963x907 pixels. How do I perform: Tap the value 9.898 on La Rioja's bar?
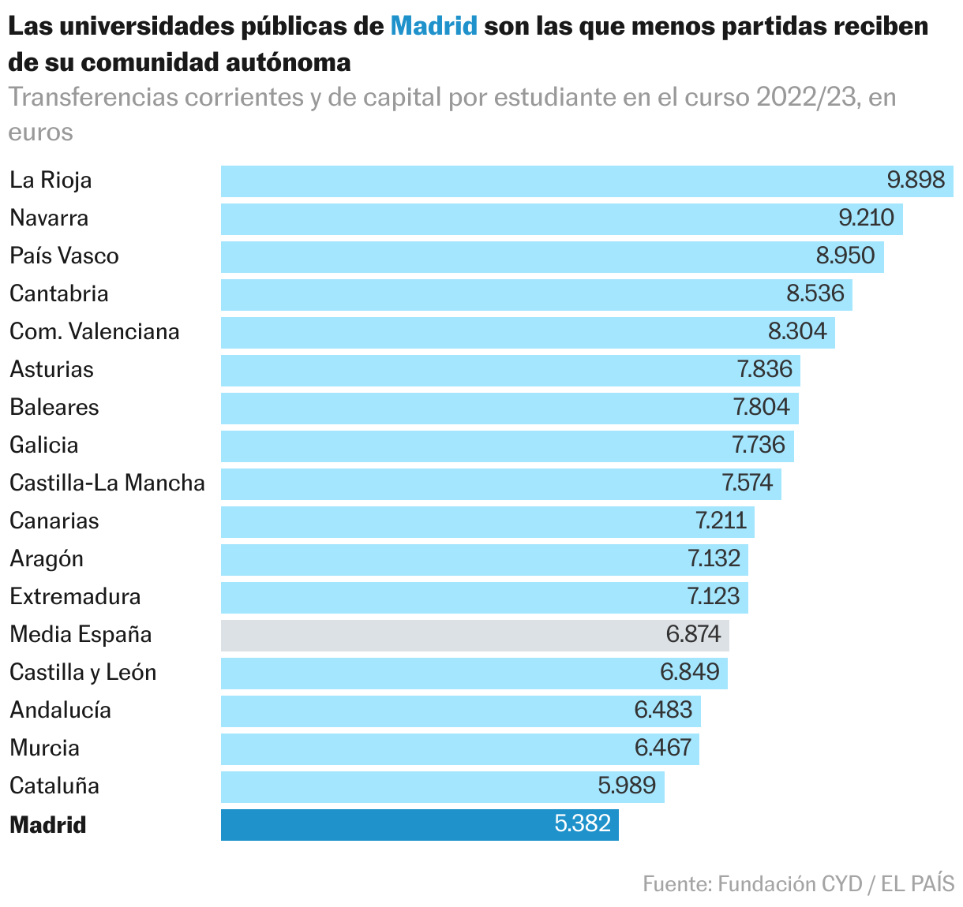(x=916, y=180)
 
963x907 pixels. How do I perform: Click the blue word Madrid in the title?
(x=434, y=26)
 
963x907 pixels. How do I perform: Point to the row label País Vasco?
(x=64, y=256)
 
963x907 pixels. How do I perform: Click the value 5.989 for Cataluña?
(x=627, y=786)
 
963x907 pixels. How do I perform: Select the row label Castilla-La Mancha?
(x=107, y=483)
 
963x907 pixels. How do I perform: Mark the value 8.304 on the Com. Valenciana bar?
(x=797, y=331)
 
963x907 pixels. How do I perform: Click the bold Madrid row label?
(x=47, y=825)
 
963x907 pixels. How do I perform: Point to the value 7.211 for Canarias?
(x=721, y=521)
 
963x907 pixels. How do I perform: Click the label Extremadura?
(x=75, y=596)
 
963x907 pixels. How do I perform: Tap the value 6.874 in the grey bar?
(x=693, y=634)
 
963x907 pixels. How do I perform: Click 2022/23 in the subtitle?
(x=804, y=97)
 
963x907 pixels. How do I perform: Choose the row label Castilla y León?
(x=83, y=672)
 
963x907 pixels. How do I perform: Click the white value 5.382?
(x=583, y=823)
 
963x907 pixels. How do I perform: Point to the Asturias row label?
(x=51, y=369)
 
